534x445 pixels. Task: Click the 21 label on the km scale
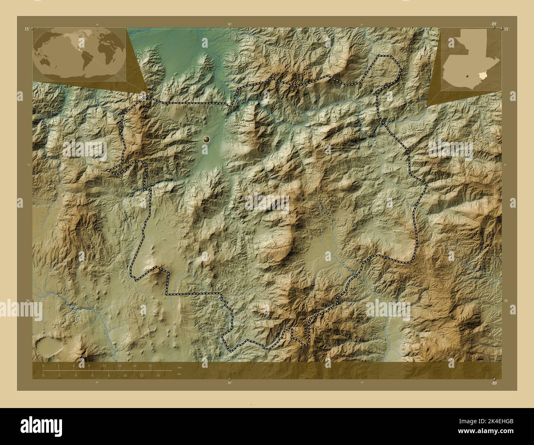150,365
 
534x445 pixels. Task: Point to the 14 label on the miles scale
158,375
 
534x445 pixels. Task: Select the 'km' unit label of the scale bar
179,367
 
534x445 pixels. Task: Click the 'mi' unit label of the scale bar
179,374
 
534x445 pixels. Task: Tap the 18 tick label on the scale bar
135,365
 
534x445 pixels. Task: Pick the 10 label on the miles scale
124,375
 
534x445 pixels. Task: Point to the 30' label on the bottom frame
229,383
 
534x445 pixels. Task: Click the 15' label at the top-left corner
27,29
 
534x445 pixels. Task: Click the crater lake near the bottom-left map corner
46,346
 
